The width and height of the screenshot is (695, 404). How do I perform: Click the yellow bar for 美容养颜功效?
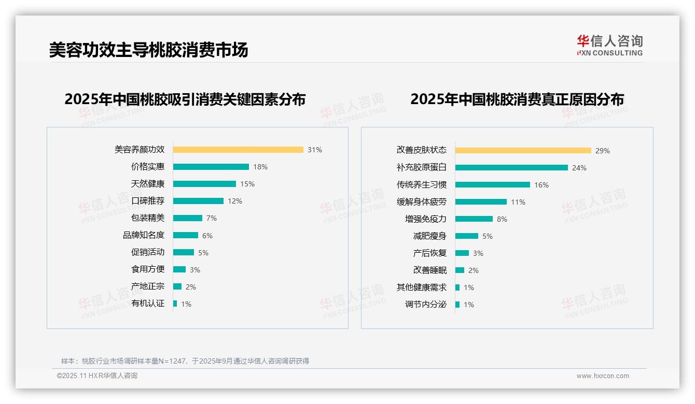point(238,150)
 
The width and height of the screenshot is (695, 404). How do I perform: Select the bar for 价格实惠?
point(211,167)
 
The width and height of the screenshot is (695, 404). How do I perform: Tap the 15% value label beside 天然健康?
point(247,184)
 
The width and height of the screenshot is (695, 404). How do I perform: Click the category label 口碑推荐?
point(148,201)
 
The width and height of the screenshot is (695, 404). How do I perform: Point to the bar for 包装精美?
point(188,218)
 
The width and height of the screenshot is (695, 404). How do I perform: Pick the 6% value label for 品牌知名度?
point(207,236)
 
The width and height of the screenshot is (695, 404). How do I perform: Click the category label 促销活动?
point(148,252)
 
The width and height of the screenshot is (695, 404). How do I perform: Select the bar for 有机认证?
point(175,304)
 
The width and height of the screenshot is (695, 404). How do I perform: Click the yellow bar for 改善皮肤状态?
point(523,151)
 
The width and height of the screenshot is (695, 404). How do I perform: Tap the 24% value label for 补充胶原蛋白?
point(579,168)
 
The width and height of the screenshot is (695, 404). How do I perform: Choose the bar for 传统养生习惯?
point(493,185)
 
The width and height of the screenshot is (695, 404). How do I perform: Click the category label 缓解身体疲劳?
point(422,202)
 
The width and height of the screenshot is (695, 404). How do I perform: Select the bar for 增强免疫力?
point(474,219)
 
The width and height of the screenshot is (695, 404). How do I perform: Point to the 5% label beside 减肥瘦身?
point(488,236)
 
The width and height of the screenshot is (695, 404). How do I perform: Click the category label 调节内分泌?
point(426,305)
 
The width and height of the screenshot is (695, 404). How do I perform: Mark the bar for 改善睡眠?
point(460,270)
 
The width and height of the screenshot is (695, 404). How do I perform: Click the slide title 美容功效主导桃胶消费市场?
point(149,50)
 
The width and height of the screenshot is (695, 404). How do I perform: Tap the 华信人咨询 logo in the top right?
point(609,45)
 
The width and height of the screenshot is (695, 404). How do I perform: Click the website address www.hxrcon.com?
point(603,376)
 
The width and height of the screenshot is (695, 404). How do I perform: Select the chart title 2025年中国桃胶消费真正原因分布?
point(517,99)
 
